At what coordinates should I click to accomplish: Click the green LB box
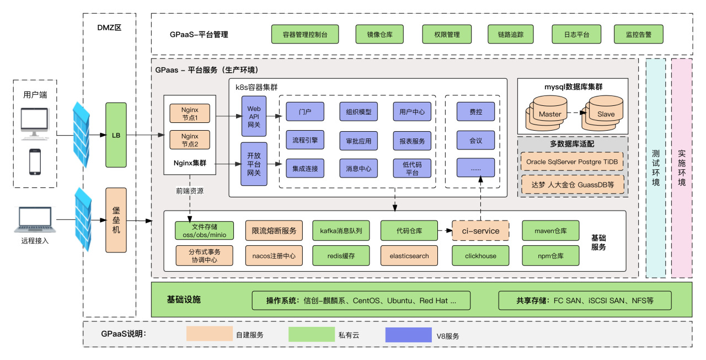(116, 135)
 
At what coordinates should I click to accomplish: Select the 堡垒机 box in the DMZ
(116, 220)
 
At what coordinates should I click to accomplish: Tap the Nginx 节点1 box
(189, 114)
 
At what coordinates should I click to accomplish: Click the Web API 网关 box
(254, 117)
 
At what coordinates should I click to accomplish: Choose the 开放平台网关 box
(254, 164)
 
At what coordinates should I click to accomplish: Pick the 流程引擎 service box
(305, 141)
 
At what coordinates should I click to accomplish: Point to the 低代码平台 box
(412, 168)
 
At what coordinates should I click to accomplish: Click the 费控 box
(475, 112)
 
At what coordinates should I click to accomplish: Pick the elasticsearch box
(409, 256)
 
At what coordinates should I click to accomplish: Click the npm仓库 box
(550, 256)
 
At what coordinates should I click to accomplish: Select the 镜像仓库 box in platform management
(380, 34)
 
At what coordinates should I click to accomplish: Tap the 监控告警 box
(638, 34)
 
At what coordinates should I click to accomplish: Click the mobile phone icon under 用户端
(35, 161)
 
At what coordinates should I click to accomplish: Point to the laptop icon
(35, 219)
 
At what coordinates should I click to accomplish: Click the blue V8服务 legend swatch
(408, 335)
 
